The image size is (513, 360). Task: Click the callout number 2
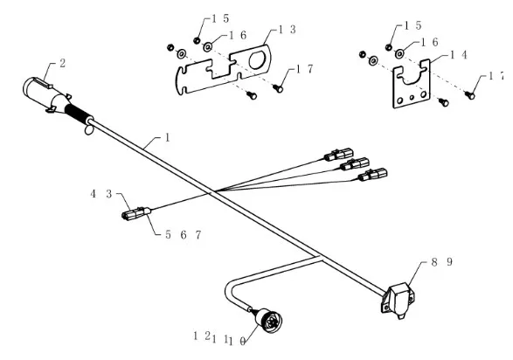[63, 63]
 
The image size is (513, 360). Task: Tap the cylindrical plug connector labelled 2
[45, 94]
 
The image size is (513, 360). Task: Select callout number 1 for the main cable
[168, 137]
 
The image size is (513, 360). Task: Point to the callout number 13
[287, 30]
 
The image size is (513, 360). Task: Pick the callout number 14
[459, 54]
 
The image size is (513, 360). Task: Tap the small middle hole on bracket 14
[412, 97]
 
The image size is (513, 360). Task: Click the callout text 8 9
[441, 262]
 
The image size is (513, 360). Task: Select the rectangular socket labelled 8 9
[398, 300]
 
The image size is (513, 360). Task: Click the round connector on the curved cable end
[269, 321]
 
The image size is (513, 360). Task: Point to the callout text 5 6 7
[184, 235]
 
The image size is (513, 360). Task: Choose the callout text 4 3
[101, 194]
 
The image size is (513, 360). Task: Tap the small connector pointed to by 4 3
[136, 213]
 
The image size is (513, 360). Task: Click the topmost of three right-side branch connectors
[339, 155]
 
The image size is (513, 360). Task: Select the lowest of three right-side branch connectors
[373, 174]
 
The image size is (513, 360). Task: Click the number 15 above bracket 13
[220, 18]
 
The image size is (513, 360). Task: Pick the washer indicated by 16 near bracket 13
[208, 47]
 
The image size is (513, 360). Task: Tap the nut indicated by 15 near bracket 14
[389, 47]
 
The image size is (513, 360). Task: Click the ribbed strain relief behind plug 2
[80, 114]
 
